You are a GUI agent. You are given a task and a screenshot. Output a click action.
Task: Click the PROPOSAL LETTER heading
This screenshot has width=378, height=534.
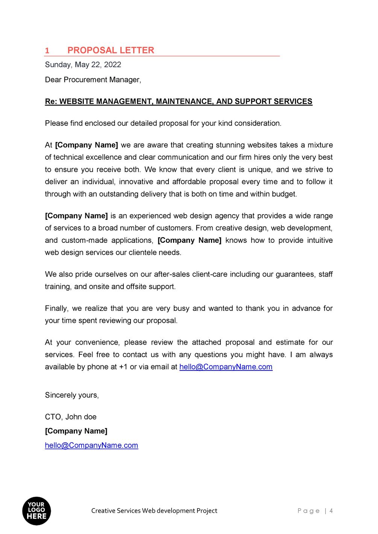point(111,50)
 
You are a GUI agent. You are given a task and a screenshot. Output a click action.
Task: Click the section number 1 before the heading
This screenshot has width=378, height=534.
point(47,51)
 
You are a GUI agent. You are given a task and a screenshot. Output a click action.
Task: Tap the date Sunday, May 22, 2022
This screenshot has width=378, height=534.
point(83,65)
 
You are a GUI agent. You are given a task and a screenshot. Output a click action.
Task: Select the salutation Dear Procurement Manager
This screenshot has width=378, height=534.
point(93,80)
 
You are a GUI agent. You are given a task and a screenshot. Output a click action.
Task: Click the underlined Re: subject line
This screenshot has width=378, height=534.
point(178,101)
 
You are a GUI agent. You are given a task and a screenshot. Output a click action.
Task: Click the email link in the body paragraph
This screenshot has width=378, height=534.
point(226,367)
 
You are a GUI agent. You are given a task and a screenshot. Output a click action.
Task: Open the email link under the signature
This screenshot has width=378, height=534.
point(91,445)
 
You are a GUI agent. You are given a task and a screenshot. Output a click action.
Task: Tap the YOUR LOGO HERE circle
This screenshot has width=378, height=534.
point(36,511)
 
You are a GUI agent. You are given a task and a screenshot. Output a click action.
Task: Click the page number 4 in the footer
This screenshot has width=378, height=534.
point(331,511)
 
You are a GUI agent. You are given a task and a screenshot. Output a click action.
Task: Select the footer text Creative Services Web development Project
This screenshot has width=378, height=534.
point(154,511)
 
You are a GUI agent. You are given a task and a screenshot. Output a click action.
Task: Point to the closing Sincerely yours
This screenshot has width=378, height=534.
point(72,395)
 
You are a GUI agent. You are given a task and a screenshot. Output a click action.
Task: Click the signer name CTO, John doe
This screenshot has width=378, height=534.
point(71,417)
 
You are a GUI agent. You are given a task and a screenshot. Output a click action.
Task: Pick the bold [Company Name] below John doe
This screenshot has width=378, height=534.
point(76,431)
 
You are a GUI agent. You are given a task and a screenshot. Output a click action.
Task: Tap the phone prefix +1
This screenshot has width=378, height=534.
point(123,367)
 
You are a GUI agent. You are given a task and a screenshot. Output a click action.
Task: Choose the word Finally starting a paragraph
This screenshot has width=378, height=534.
point(56,309)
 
